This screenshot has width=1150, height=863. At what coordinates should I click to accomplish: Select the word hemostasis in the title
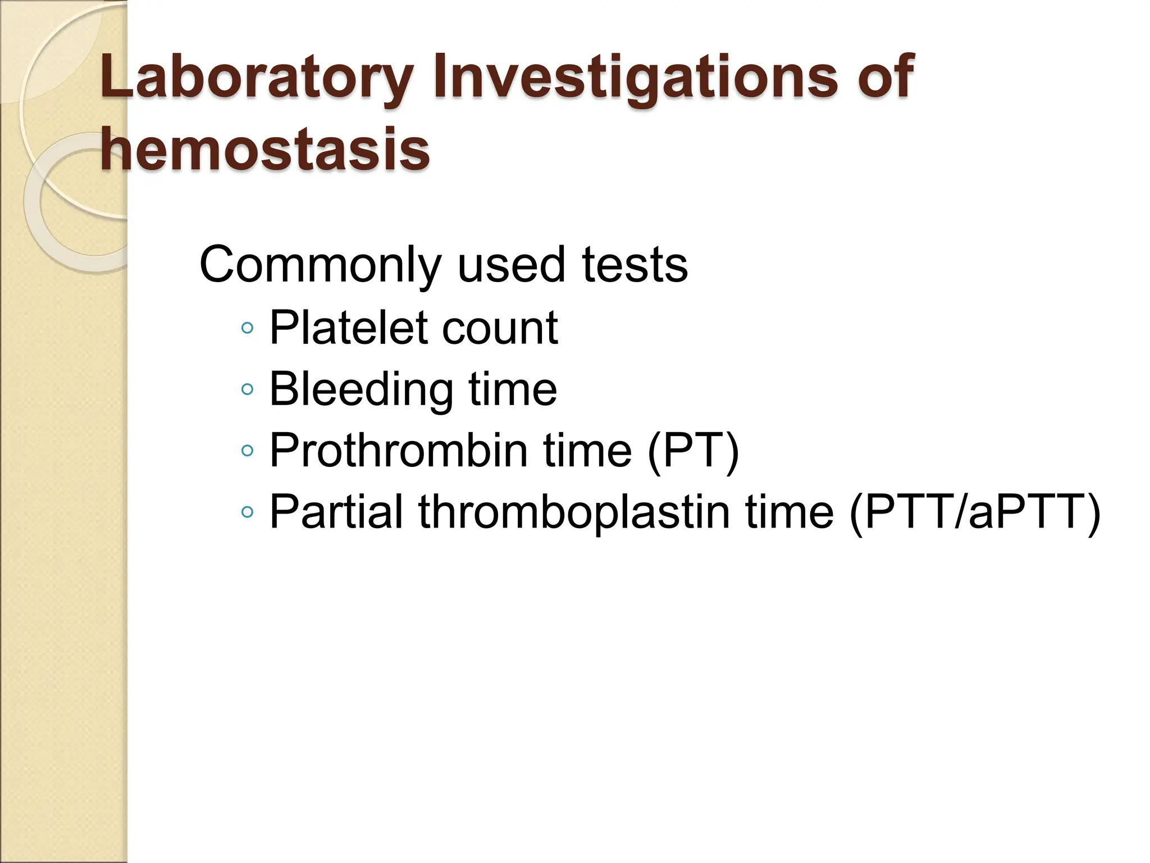point(264,149)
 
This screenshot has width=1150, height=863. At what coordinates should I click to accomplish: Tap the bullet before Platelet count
point(247,328)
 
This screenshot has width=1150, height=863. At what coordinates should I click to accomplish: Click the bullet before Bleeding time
point(247,389)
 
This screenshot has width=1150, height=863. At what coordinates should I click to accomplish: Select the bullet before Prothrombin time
point(247,450)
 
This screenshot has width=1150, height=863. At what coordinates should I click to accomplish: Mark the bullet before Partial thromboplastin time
point(247,511)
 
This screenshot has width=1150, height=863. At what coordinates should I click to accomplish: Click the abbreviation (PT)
point(693,450)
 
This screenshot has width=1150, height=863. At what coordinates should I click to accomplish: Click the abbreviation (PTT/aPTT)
point(974,511)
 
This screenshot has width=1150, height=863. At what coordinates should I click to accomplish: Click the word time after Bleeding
point(513,389)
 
